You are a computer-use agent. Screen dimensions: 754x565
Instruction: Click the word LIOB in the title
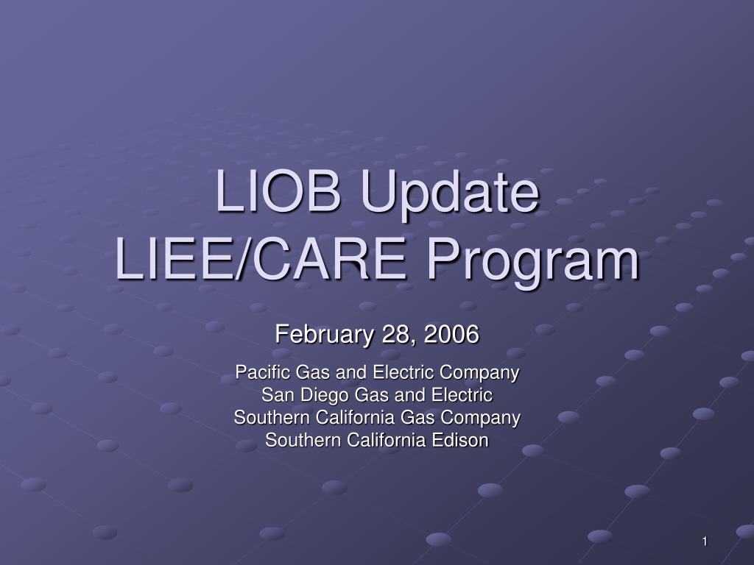[278, 191]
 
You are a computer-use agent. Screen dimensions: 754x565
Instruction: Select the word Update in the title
[450, 195]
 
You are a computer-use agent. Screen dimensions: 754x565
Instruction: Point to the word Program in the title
[533, 263]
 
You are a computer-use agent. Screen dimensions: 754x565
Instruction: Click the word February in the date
[323, 335]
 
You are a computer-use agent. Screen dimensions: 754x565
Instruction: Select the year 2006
[451, 334]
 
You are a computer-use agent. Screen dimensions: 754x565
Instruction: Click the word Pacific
[263, 372]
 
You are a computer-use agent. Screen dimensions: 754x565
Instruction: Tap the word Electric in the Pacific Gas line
[404, 372]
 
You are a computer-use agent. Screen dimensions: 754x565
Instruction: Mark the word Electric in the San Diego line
[462, 395]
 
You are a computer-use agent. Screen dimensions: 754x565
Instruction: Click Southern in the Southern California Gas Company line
[272, 417]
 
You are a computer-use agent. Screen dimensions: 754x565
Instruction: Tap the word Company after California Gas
[480, 419]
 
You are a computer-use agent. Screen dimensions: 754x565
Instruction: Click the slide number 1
[705, 541]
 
